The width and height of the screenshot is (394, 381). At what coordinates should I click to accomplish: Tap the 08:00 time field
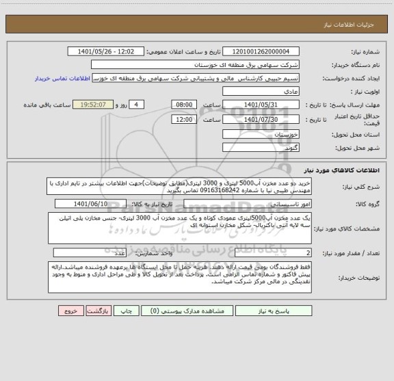click(183, 104)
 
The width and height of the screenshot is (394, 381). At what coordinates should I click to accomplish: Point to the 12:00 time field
click(183, 119)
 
